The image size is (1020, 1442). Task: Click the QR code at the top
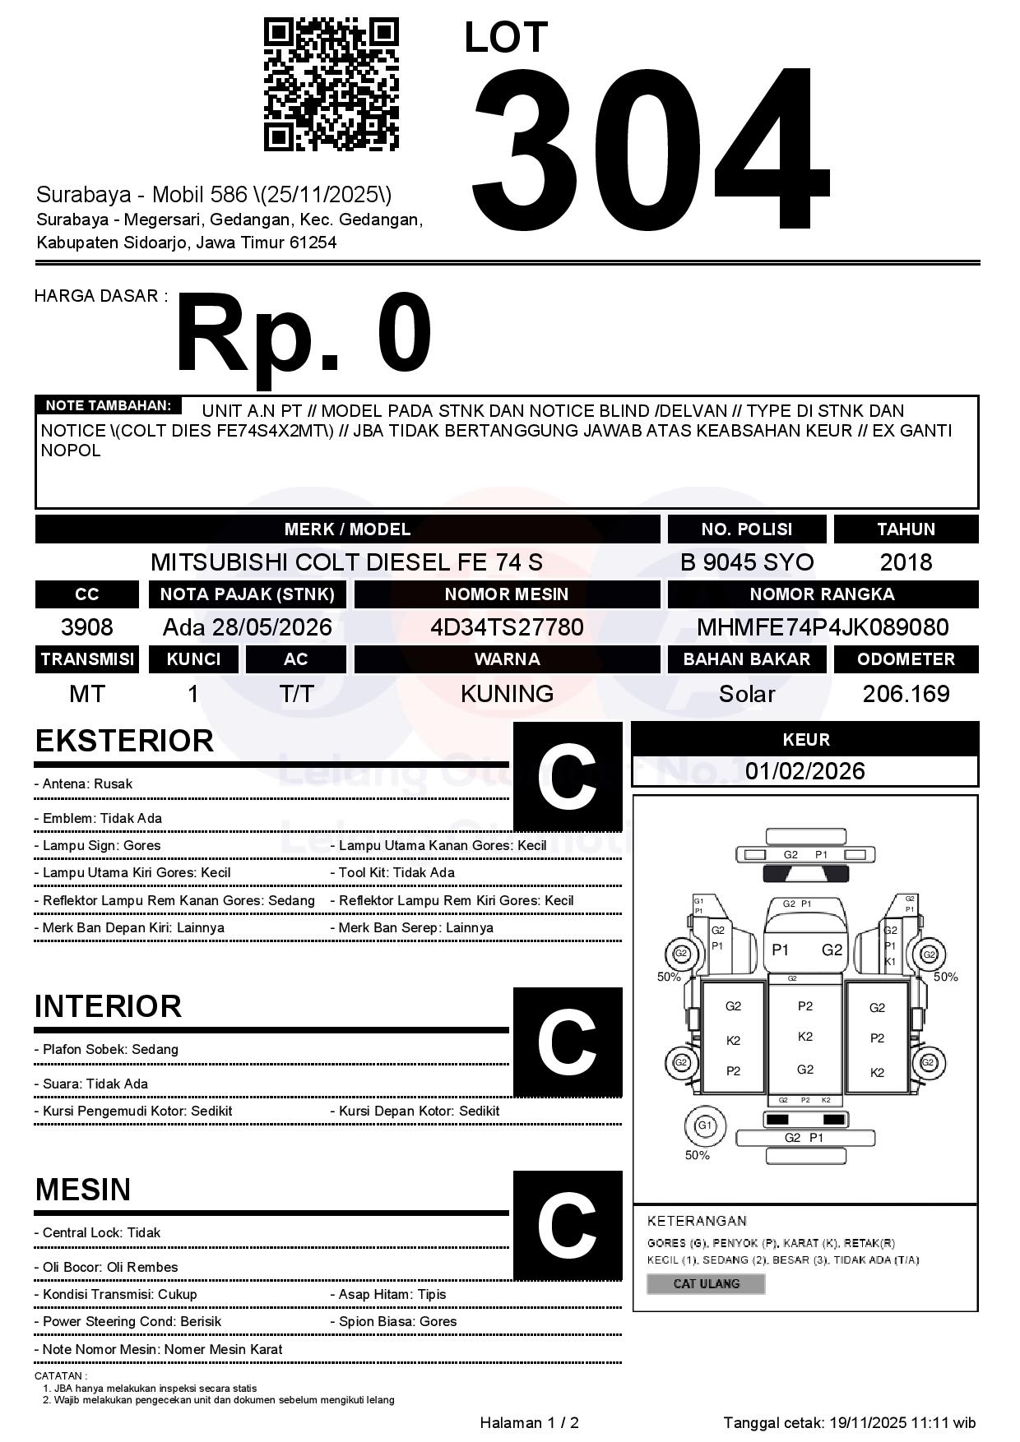tap(331, 85)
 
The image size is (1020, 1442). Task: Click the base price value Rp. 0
tap(304, 334)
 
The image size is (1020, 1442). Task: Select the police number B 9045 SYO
tap(746, 562)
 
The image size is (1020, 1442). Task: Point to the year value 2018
tap(906, 562)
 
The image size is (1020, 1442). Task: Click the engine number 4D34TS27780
tap(507, 627)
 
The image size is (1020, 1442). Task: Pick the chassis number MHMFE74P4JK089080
tap(823, 627)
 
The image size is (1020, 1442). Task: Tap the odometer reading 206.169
tap(906, 694)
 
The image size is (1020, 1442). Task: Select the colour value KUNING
tap(507, 694)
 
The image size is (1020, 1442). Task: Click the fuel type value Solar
tap(746, 694)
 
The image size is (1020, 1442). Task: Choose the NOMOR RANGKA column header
tap(823, 594)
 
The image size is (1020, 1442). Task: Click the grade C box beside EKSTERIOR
tap(568, 777)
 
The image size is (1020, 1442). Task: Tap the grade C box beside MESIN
tap(568, 1226)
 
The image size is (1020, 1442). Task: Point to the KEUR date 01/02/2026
tap(804, 771)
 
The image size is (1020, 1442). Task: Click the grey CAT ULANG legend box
tap(706, 1284)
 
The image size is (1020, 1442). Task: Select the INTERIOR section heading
tap(108, 1007)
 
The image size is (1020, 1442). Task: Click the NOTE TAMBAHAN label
tap(108, 405)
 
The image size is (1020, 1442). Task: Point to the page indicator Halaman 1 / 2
tap(529, 1423)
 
